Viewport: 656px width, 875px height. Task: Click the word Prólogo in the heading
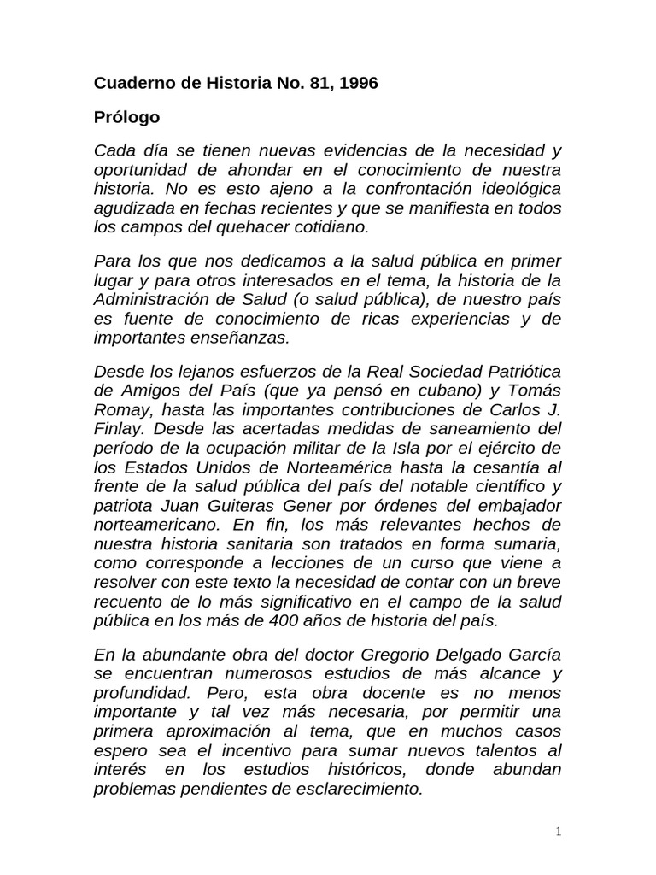point(126,117)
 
